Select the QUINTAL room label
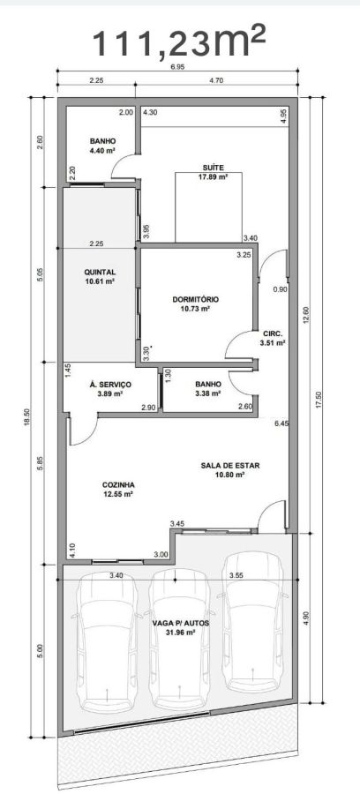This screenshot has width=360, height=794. pyautogui.click(x=100, y=272)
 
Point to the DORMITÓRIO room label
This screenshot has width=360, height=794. pyautogui.click(x=191, y=299)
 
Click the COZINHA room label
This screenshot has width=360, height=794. pyautogui.click(x=118, y=484)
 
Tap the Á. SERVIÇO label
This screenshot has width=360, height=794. pyautogui.click(x=110, y=385)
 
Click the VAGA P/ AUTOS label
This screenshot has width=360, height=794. pyautogui.click(x=181, y=623)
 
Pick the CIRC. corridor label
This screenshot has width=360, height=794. pyautogui.click(x=273, y=333)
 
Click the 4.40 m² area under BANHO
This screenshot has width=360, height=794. pyautogui.click(x=103, y=150)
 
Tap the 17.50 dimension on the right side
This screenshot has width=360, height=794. pyautogui.click(x=319, y=400)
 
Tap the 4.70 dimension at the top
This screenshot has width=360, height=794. pyautogui.click(x=216, y=80)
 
